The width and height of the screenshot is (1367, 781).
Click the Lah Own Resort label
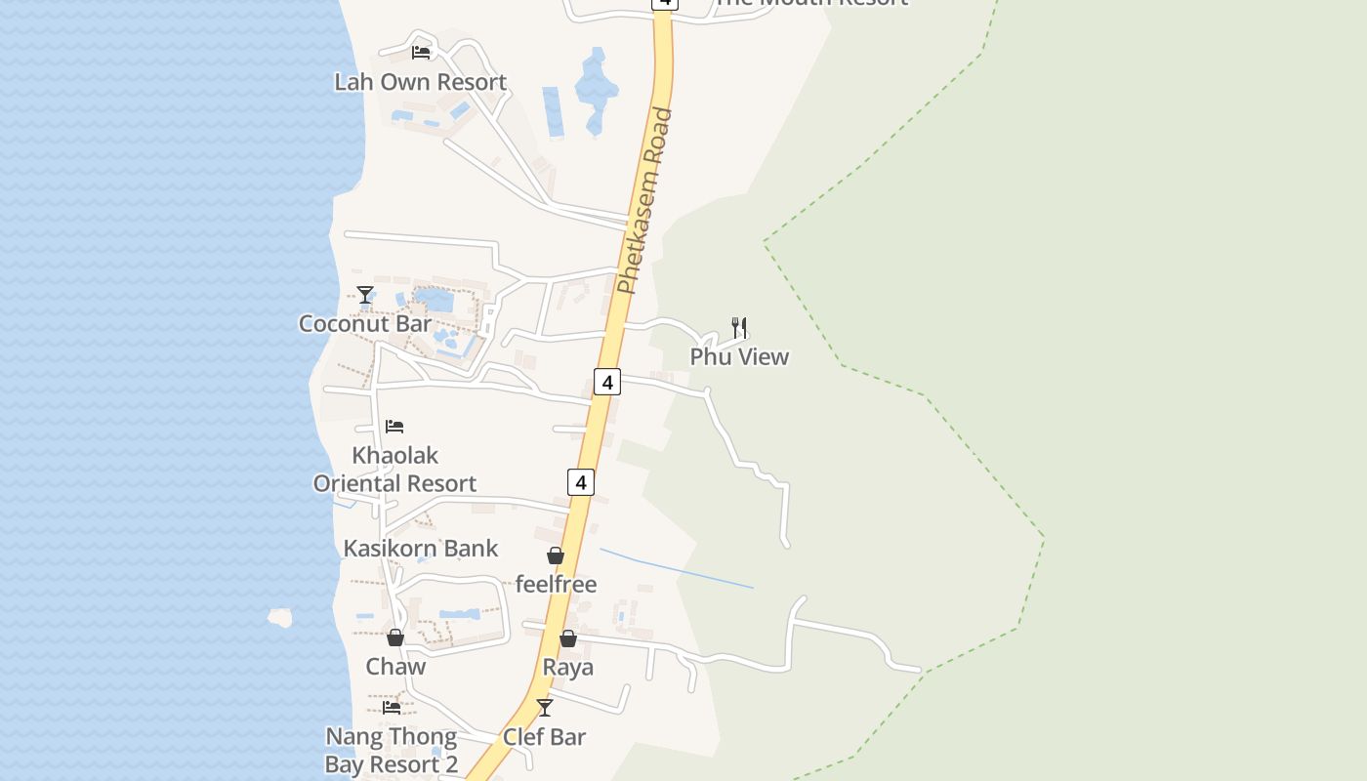[x=420, y=82]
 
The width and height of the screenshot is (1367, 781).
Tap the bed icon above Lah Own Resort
[x=421, y=52]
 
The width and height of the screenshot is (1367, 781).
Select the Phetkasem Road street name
[x=645, y=200]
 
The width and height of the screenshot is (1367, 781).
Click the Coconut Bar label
[x=365, y=323]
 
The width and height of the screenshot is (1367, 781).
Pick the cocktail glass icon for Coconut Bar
[x=365, y=294]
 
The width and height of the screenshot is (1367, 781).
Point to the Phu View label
[x=739, y=356]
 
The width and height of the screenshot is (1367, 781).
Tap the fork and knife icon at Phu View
[x=739, y=327]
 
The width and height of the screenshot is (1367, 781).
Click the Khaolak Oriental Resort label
[x=394, y=470]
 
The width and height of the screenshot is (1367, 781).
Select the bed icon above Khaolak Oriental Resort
[x=394, y=426]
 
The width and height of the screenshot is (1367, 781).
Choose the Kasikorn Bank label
[x=421, y=548]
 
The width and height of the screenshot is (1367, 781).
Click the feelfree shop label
[x=556, y=584]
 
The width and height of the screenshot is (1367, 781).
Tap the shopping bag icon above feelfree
[x=556, y=555]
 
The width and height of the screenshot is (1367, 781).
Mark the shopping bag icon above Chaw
[x=395, y=637]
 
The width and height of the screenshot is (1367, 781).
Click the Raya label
[x=567, y=668]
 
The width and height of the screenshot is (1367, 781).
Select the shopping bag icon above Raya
[x=567, y=638]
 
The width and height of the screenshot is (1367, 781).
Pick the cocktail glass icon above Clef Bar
[x=545, y=707]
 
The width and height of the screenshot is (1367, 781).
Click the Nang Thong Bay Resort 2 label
[x=392, y=750]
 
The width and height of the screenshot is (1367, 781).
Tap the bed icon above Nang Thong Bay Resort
[x=392, y=707]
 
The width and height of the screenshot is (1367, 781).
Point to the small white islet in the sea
[x=280, y=617]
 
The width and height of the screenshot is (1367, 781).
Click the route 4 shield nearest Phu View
[x=607, y=382]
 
